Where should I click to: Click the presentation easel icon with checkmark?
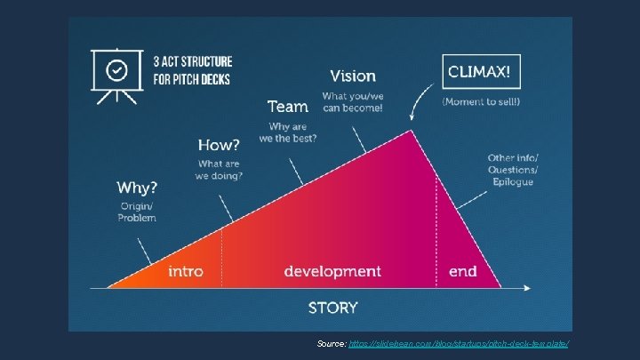coord(116,72)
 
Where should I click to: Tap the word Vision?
coord(353,76)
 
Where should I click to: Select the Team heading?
coord(287,107)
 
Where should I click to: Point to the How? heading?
coord(219,145)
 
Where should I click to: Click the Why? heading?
coord(137,188)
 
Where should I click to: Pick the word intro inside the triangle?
coord(186,271)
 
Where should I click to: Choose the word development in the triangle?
coord(332,271)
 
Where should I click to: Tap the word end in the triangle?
coord(462,271)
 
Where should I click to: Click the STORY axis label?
coord(333,308)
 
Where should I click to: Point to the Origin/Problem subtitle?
coord(138,212)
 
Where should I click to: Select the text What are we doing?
coord(220,170)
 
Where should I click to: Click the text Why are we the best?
coord(288,132)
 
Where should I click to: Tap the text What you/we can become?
coord(353,101)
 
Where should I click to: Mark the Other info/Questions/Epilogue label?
coord(512,170)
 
